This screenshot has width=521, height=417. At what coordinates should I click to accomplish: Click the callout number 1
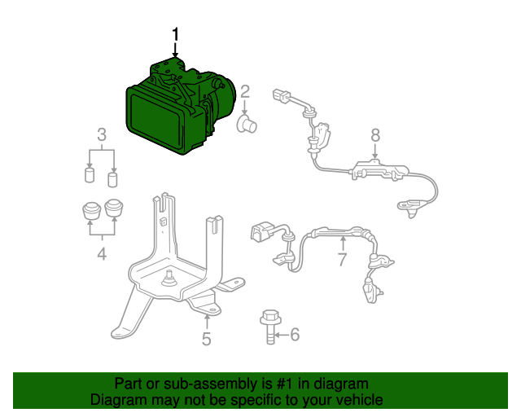pyautogui.click(x=175, y=35)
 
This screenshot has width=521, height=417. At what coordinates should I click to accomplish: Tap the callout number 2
pyautogui.click(x=245, y=92)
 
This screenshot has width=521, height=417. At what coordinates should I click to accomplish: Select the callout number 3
pyautogui.click(x=102, y=134)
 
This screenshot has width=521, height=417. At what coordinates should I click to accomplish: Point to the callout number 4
pyautogui.click(x=102, y=254)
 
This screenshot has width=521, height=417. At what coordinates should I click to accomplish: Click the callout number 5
pyautogui.click(x=207, y=339)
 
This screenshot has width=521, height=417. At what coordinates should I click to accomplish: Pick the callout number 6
pyautogui.click(x=295, y=334)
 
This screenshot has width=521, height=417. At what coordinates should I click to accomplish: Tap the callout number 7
pyautogui.click(x=342, y=259)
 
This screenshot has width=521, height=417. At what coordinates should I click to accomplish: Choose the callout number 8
pyautogui.click(x=375, y=135)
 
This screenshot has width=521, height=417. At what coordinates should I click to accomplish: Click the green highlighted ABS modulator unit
pyautogui.click(x=179, y=107)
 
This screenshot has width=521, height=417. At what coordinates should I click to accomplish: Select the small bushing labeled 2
pyautogui.click(x=247, y=124)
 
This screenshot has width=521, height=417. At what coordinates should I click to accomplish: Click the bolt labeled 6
pyautogui.click(x=271, y=327)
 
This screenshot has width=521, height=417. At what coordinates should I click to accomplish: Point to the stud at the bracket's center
pyautogui.click(x=169, y=279)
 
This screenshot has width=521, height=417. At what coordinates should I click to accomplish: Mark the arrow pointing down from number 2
pyautogui.click(x=245, y=108)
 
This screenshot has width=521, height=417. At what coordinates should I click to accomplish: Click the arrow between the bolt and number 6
pyautogui.click(x=282, y=335)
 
